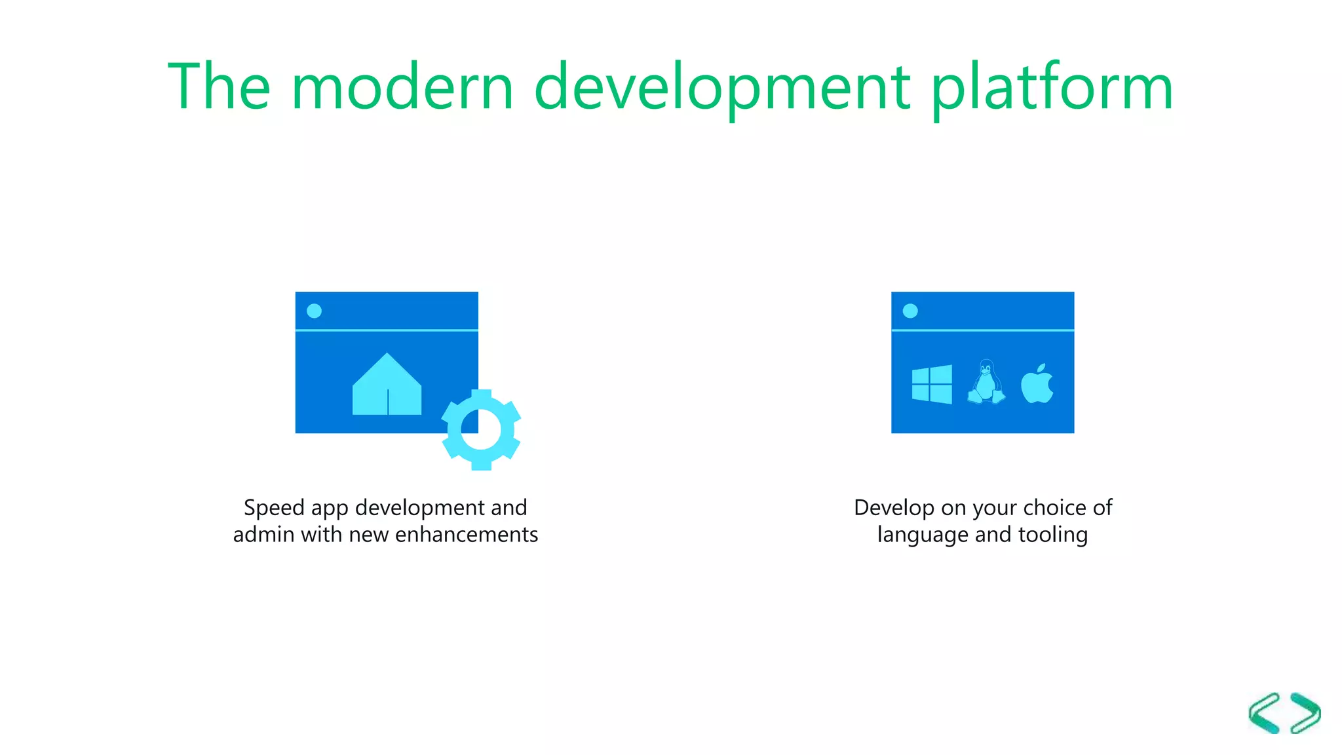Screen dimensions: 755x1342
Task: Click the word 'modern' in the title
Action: (x=402, y=87)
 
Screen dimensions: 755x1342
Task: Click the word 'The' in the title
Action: (x=219, y=87)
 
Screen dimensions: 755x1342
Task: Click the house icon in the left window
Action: (x=387, y=386)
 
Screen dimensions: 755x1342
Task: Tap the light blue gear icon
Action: (x=482, y=430)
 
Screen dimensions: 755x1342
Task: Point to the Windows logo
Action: (x=932, y=384)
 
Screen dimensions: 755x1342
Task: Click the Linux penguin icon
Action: (x=986, y=382)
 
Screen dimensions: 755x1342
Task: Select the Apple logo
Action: (x=1037, y=384)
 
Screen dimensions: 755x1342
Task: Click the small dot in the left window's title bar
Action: (x=315, y=311)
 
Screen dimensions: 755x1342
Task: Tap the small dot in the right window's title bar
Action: (x=910, y=311)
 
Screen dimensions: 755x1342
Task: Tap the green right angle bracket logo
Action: (x=1305, y=713)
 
